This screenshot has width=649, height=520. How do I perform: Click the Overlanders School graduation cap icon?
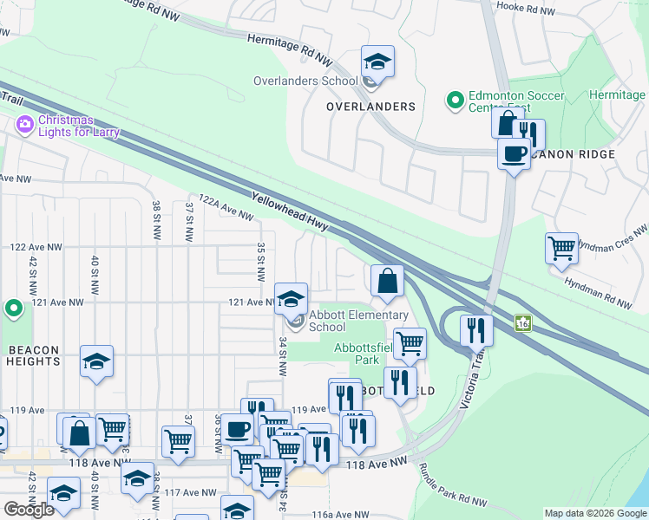pyautogui.click(x=377, y=62)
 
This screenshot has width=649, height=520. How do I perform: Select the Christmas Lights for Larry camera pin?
pyautogui.click(x=23, y=126)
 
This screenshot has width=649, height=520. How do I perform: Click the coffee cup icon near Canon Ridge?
pyautogui.click(x=514, y=153)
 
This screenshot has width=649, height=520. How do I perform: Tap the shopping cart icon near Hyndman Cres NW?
pyautogui.click(x=562, y=249)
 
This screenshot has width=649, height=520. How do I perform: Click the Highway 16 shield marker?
pyautogui.click(x=523, y=322)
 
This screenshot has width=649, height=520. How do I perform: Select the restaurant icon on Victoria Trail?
pyautogui.click(x=476, y=330)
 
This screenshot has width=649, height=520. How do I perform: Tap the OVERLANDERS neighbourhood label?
pyautogui.click(x=370, y=107)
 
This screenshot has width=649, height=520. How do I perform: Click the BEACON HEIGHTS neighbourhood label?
pyautogui.click(x=33, y=356)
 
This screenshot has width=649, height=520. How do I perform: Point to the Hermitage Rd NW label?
pyautogui.click(x=290, y=49)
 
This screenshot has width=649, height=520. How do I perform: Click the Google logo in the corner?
pyautogui.click(x=29, y=510)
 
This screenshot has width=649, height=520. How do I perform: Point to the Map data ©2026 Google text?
pyautogui.click(x=594, y=513)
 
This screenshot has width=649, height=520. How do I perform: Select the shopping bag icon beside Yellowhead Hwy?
pyautogui.click(x=387, y=281)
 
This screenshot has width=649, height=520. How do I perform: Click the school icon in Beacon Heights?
pyautogui.click(x=96, y=362)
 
